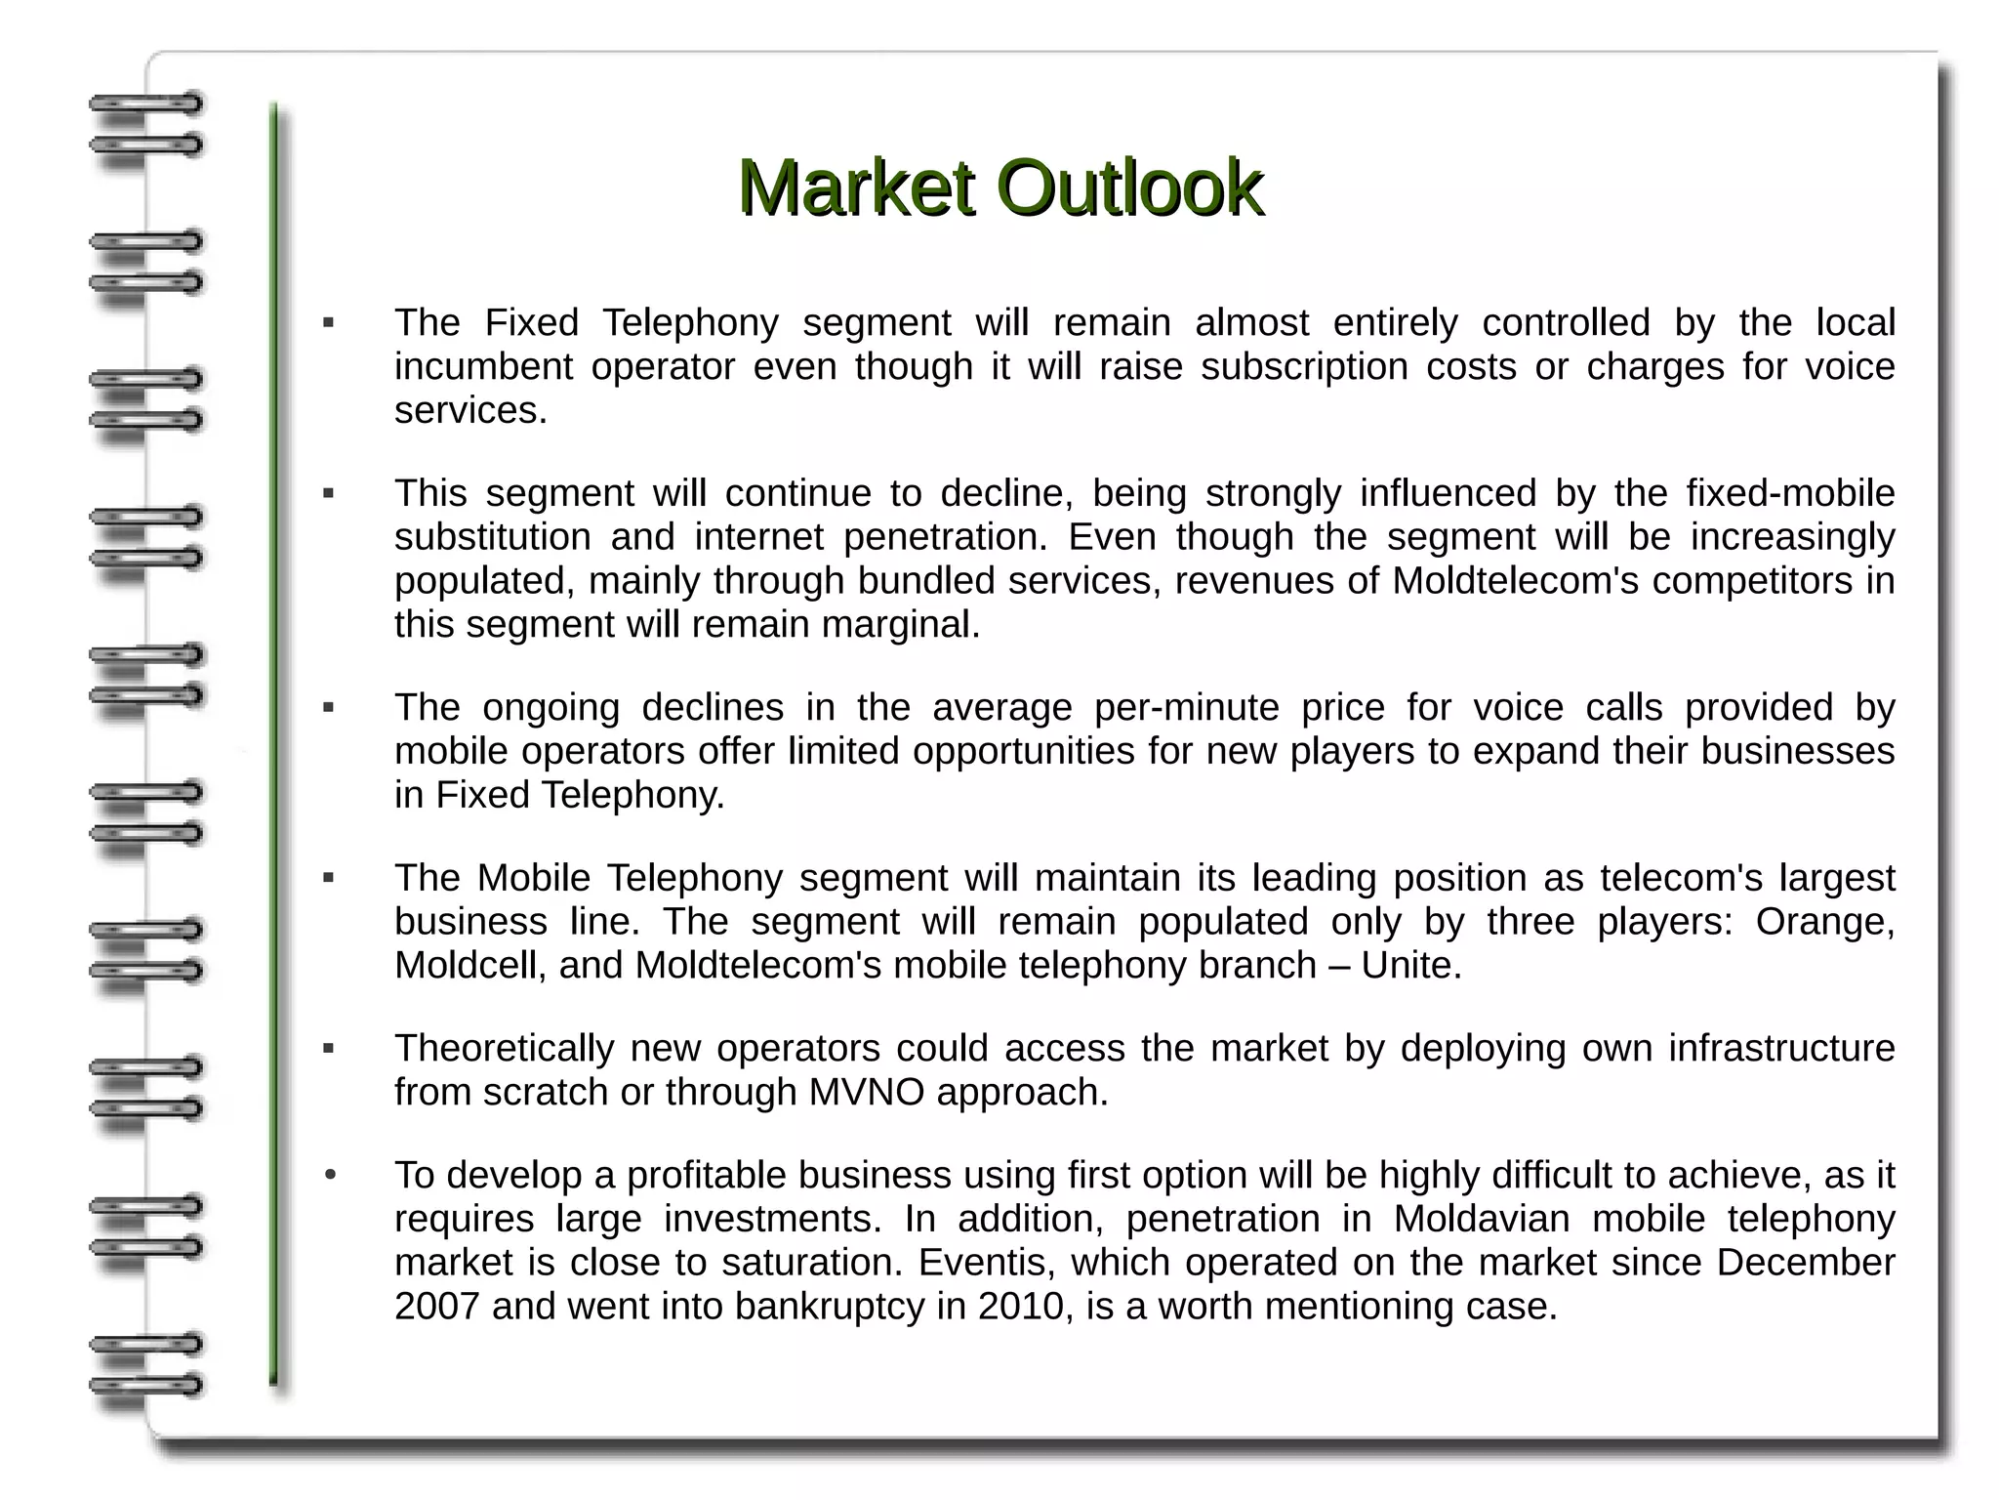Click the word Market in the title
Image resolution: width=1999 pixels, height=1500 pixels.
click(855, 187)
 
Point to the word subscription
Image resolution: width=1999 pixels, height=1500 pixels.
click(1303, 367)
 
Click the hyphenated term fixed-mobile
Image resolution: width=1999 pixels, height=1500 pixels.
click(1790, 493)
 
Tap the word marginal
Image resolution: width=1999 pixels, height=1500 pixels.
click(900, 625)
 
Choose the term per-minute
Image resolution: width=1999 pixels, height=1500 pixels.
click(1186, 707)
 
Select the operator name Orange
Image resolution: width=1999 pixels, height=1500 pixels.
click(1824, 922)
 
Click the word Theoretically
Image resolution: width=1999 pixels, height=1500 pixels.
click(504, 1048)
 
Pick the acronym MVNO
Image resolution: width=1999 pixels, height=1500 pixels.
click(866, 1092)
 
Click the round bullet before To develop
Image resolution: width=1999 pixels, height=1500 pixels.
click(330, 1175)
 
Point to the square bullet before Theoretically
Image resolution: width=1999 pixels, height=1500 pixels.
click(329, 1049)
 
